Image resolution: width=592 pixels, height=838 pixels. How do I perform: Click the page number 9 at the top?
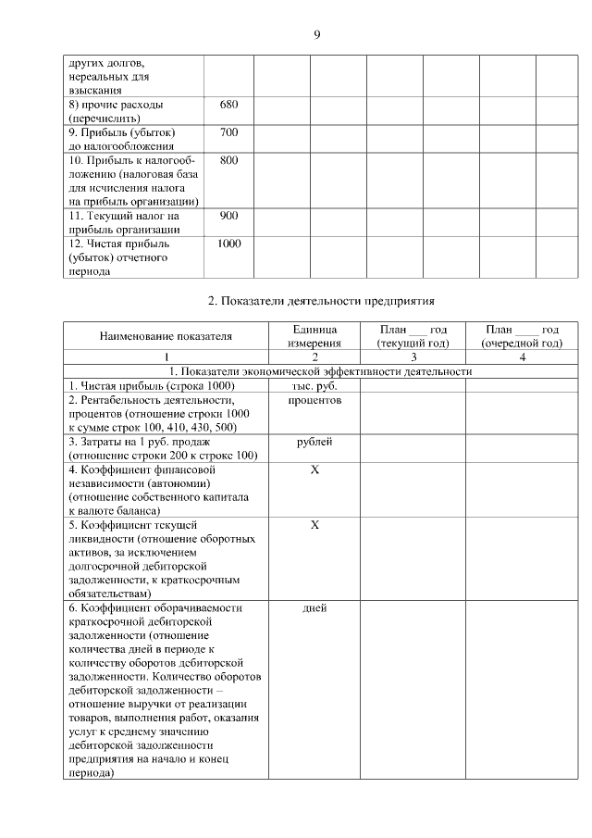click(x=316, y=35)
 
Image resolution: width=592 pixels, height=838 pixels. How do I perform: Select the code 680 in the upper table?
click(x=228, y=105)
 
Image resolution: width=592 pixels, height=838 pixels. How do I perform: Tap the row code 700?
click(x=228, y=132)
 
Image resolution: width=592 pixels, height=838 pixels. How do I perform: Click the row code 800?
click(x=228, y=160)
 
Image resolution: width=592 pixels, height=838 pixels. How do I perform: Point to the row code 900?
click(x=228, y=216)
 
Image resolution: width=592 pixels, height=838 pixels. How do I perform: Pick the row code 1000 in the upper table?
click(x=228, y=244)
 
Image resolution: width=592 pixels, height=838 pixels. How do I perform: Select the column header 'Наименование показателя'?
click(x=166, y=336)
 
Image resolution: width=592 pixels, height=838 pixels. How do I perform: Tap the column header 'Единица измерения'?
click(x=314, y=336)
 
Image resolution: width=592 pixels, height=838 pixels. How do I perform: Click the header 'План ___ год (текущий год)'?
click(x=413, y=336)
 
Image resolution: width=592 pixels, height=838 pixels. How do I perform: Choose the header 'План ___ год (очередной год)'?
click(x=522, y=336)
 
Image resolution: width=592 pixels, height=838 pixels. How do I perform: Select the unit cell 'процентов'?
click(x=314, y=400)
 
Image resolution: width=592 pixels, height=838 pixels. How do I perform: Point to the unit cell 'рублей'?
click(x=314, y=443)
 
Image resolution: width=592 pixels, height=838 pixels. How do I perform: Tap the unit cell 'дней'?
click(x=314, y=608)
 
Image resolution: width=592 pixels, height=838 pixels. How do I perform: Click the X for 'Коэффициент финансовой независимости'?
click(x=314, y=470)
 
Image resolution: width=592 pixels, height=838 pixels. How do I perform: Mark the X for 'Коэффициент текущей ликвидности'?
click(x=314, y=525)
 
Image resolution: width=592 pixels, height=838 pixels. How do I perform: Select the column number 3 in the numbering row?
click(x=413, y=357)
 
